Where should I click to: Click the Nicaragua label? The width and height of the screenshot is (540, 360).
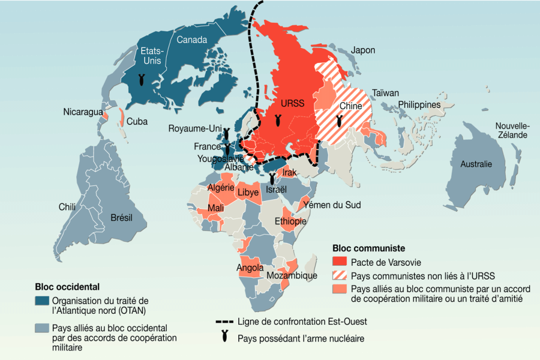point(83,112)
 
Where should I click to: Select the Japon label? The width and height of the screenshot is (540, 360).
point(363,50)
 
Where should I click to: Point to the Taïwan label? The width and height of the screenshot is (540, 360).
point(385,93)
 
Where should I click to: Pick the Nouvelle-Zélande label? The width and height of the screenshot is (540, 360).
point(512,130)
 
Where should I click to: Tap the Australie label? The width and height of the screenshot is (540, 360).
point(476,164)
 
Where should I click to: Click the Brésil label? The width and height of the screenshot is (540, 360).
point(122,217)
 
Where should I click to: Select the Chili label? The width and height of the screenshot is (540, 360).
point(67,207)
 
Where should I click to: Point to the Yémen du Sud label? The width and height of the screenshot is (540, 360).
point(332,205)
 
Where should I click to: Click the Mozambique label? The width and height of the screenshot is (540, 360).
point(292,275)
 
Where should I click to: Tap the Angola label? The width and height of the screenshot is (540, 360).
point(250,267)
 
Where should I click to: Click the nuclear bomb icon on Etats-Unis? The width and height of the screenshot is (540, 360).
point(141,79)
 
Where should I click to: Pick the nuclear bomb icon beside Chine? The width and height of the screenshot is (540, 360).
point(340,121)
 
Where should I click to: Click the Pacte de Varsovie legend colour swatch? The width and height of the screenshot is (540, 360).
point(340,262)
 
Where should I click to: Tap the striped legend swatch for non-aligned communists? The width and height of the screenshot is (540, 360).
point(340,276)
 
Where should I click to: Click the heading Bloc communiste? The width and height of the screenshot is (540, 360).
point(368,248)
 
